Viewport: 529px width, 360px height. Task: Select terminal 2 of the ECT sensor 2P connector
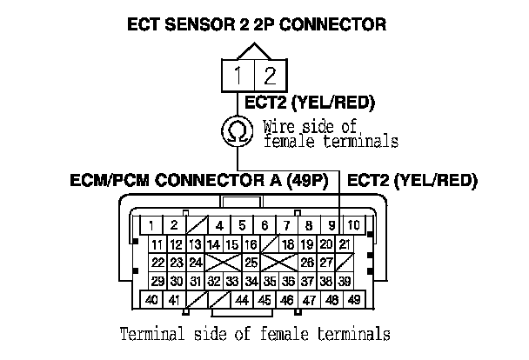point(270,76)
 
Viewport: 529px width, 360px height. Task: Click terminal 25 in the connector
point(251,263)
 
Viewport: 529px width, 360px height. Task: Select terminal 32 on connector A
point(214,281)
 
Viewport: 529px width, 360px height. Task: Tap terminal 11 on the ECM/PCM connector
point(157,244)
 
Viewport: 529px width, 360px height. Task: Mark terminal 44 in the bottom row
point(241,300)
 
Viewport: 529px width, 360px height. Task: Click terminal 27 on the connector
point(326,263)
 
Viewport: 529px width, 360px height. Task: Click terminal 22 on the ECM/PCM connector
point(157,263)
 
